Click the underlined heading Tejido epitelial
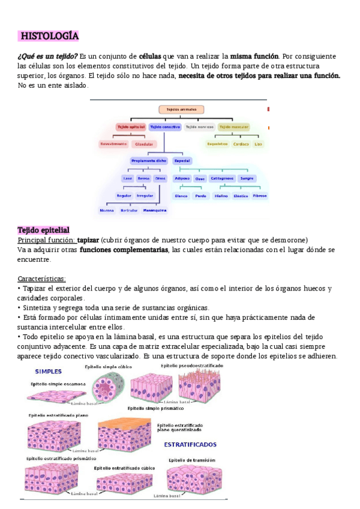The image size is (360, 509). tap(43, 230)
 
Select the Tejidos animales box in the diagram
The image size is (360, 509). tap(181, 110)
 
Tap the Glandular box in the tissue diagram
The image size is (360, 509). tap(145, 144)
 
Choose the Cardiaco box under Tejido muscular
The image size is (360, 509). tap(241, 144)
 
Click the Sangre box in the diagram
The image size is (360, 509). tap(247, 178)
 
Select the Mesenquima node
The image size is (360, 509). tap(155, 211)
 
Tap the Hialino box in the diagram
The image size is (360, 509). tap(221, 196)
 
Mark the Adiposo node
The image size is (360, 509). tap(182, 178)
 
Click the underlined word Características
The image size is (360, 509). tap(42, 279)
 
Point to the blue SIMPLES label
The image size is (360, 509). tap(50, 370)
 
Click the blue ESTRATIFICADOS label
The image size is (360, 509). tap(190, 445)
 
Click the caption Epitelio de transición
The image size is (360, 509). tap(192, 460)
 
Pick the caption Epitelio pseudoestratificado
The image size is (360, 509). tap(191, 366)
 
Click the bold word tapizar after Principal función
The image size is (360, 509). tap(88, 239)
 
